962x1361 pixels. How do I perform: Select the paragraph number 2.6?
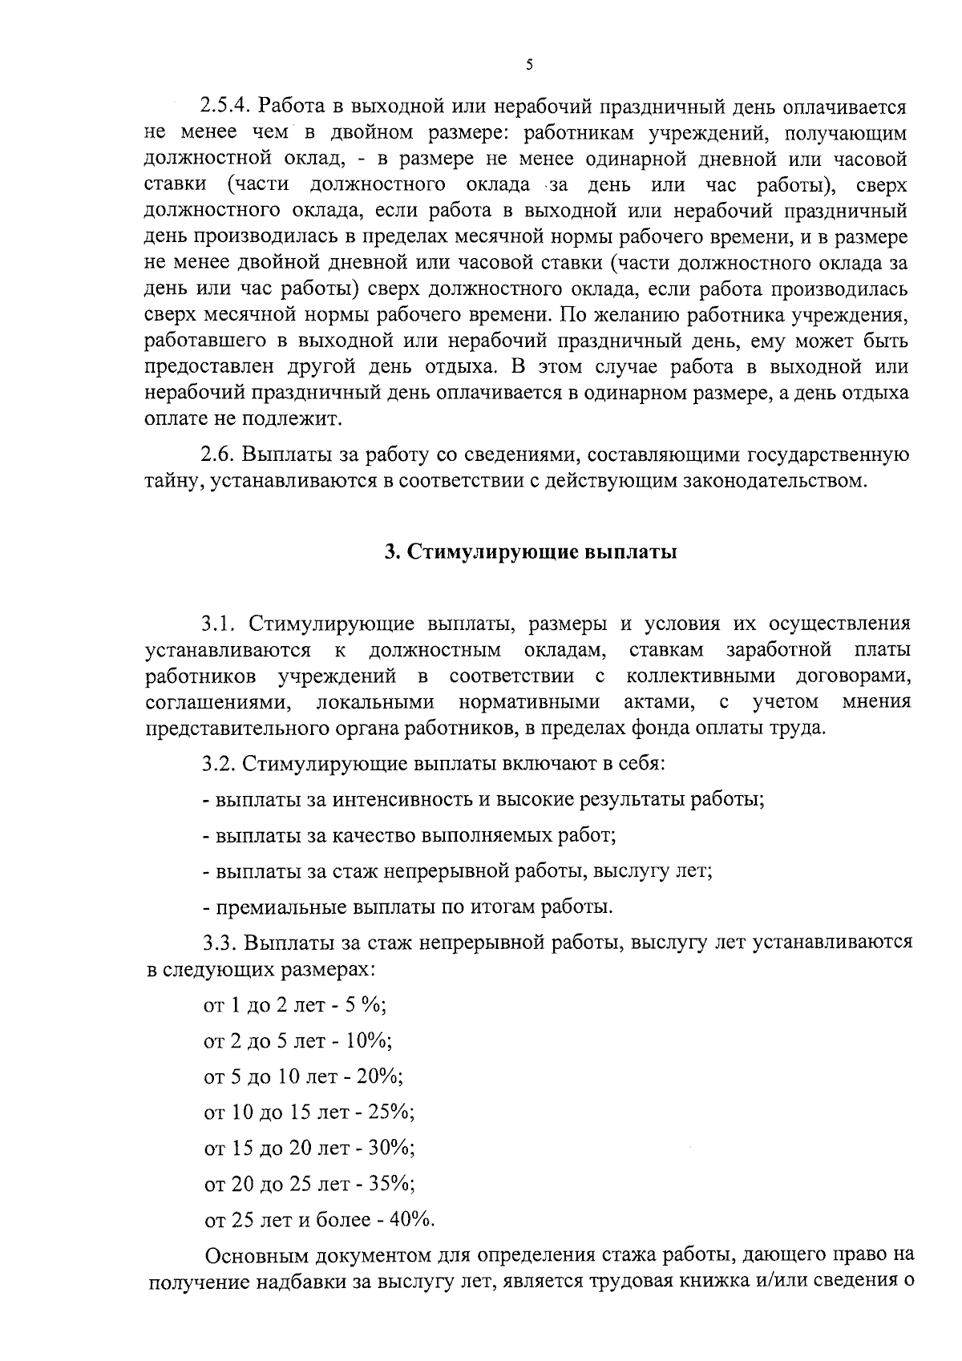point(216,455)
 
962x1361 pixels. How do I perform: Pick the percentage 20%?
point(380,1076)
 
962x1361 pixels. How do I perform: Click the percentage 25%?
point(391,1112)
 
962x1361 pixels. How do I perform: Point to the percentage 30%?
point(391,1148)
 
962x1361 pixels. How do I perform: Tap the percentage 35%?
point(391,1183)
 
